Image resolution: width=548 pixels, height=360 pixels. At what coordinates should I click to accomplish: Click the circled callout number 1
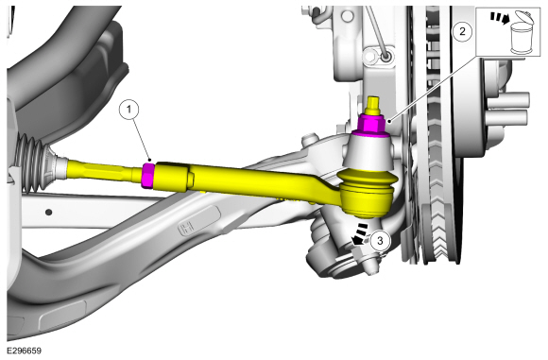point(128,110)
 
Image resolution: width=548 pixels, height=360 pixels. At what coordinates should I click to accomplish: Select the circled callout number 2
point(462,31)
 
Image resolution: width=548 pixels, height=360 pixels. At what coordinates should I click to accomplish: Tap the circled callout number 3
point(380,240)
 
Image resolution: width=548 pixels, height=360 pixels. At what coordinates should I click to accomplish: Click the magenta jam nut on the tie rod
point(148,175)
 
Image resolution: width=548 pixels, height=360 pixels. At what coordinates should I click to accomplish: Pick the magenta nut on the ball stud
point(371,125)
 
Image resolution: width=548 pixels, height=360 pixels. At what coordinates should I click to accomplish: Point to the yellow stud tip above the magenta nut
point(374,105)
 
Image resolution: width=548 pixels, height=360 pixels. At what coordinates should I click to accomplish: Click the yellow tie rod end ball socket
point(367,193)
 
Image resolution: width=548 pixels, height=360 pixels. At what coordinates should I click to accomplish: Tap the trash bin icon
point(522,32)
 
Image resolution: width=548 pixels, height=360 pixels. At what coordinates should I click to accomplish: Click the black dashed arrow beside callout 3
point(361,233)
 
